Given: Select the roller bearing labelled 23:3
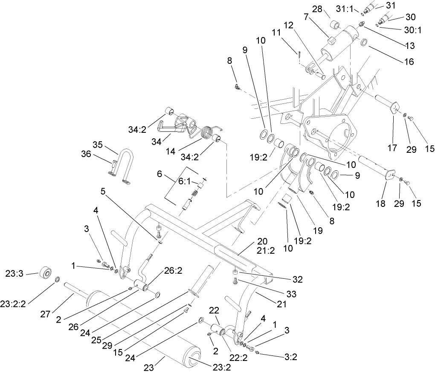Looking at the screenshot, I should (45, 272).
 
